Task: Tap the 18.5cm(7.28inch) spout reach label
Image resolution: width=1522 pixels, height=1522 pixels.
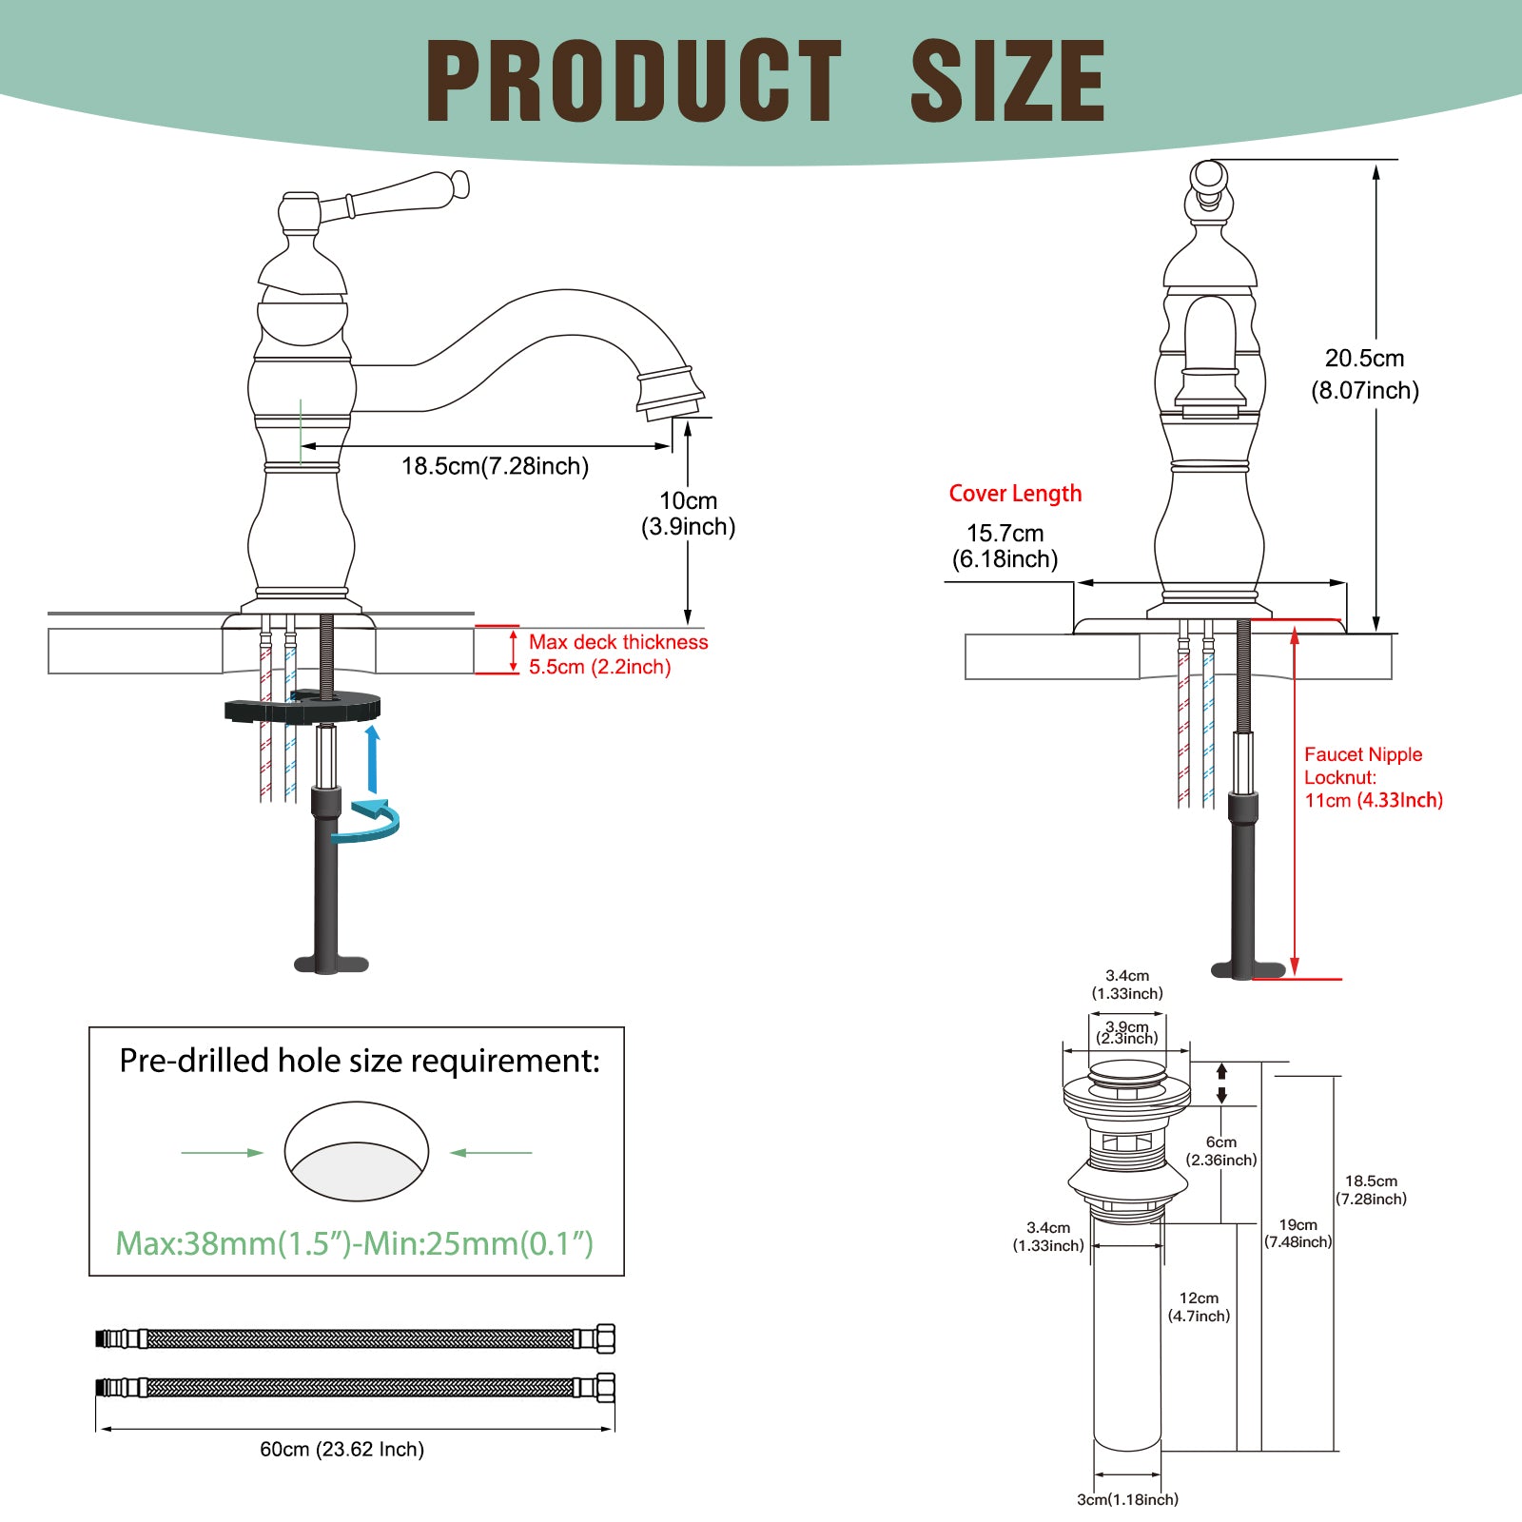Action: point(495,466)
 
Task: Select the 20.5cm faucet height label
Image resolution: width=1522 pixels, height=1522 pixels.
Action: point(1365,374)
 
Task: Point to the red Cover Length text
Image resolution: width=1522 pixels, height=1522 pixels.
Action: point(1015,494)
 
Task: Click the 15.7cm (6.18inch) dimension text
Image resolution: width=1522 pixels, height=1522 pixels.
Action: point(1005,546)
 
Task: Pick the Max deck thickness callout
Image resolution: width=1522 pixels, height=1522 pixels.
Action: point(618,654)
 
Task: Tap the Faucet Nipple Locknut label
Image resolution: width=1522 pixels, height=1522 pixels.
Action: point(1373,777)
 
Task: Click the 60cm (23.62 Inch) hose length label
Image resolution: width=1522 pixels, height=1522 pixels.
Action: point(342,1449)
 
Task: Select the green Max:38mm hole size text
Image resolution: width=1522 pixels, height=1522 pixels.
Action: point(355,1243)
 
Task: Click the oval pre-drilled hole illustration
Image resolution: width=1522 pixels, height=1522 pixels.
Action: point(357,1152)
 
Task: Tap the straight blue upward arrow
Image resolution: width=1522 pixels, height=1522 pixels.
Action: point(373,759)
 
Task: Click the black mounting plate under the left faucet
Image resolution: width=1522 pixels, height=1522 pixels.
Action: point(302,707)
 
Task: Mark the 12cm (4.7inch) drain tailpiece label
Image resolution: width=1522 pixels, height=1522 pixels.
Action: point(1199,1307)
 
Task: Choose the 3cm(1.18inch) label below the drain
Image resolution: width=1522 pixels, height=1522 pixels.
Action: point(1127,1499)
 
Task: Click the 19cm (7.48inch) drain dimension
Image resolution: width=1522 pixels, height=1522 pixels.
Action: point(1298,1233)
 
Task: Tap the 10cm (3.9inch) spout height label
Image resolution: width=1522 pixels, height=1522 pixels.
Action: point(689,514)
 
